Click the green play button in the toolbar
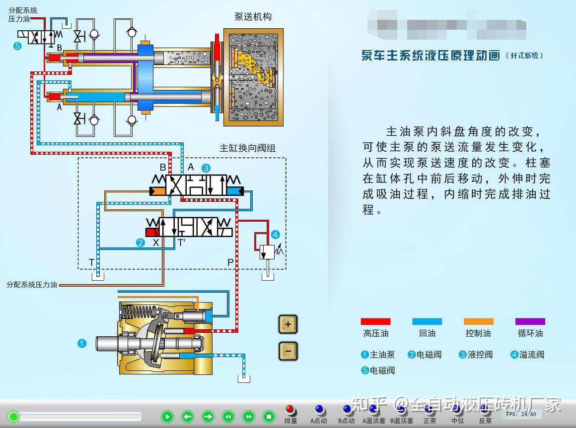(167, 417)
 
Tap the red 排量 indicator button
(290, 410)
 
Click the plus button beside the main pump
(288, 325)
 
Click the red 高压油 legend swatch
(375, 321)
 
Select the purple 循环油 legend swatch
(530, 321)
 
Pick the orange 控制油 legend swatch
(478, 321)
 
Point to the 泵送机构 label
(253, 16)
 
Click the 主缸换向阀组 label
(247, 148)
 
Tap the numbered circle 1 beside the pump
(82, 343)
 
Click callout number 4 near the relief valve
(275, 235)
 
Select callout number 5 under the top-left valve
(18, 46)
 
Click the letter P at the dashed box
(230, 262)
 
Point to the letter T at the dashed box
(91, 262)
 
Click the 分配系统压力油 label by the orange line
(32, 285)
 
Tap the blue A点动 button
(319, 410)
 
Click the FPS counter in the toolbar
(521, 414)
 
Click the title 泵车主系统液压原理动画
(431, 55)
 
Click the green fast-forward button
(248, 417)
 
